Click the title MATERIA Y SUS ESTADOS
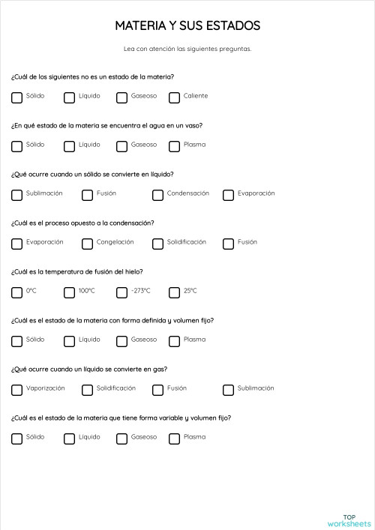tap(187, 26)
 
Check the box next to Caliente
tap(175, 97)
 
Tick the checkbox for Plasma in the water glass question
tap(175, 145)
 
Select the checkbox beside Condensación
tap(157, 194)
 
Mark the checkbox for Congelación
tap(87, 243)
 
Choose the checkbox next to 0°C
tap(16, 292)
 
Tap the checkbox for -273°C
tap(121, 292)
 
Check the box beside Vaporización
tap(16, 389)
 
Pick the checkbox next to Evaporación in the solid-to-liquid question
tap(228, 194)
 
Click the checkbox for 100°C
tap(69, 292)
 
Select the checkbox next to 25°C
tap(175, 292)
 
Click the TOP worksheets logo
tap(349, 520)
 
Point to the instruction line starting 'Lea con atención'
tap(187, 49)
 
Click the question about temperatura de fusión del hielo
tap(77, 271)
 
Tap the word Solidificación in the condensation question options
tap(186, 242)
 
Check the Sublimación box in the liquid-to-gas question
tap(228, 389)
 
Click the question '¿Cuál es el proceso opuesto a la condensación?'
tap(82, 223)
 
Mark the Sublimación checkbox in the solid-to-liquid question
tap(16, 194)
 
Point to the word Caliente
tap(196, 96)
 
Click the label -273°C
tap(141, 291)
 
